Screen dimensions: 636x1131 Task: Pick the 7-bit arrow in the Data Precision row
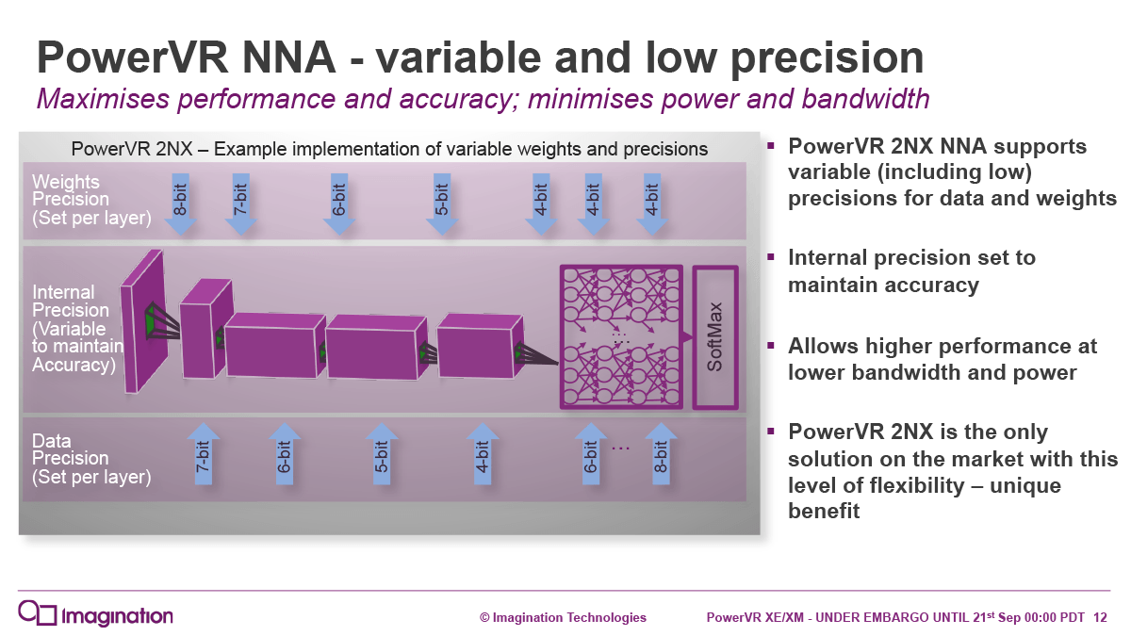tap(204, 454)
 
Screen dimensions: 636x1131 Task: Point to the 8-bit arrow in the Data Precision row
tap(662, 454)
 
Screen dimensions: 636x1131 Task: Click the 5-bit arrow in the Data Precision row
tap(382, 454)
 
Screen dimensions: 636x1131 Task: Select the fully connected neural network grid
tap(621, 337)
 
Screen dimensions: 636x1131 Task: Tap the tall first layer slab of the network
tap(143, 321)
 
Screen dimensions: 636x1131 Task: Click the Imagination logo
tap(95, 615)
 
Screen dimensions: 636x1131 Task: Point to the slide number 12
tap(1100, 618)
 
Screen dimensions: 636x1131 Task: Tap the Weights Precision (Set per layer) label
tap(90, 200)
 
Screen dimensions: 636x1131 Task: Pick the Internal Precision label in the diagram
tap(75, 328)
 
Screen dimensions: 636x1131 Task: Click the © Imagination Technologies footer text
tap(563, 618)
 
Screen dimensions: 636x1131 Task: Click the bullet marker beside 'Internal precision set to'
tap(770, 255)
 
